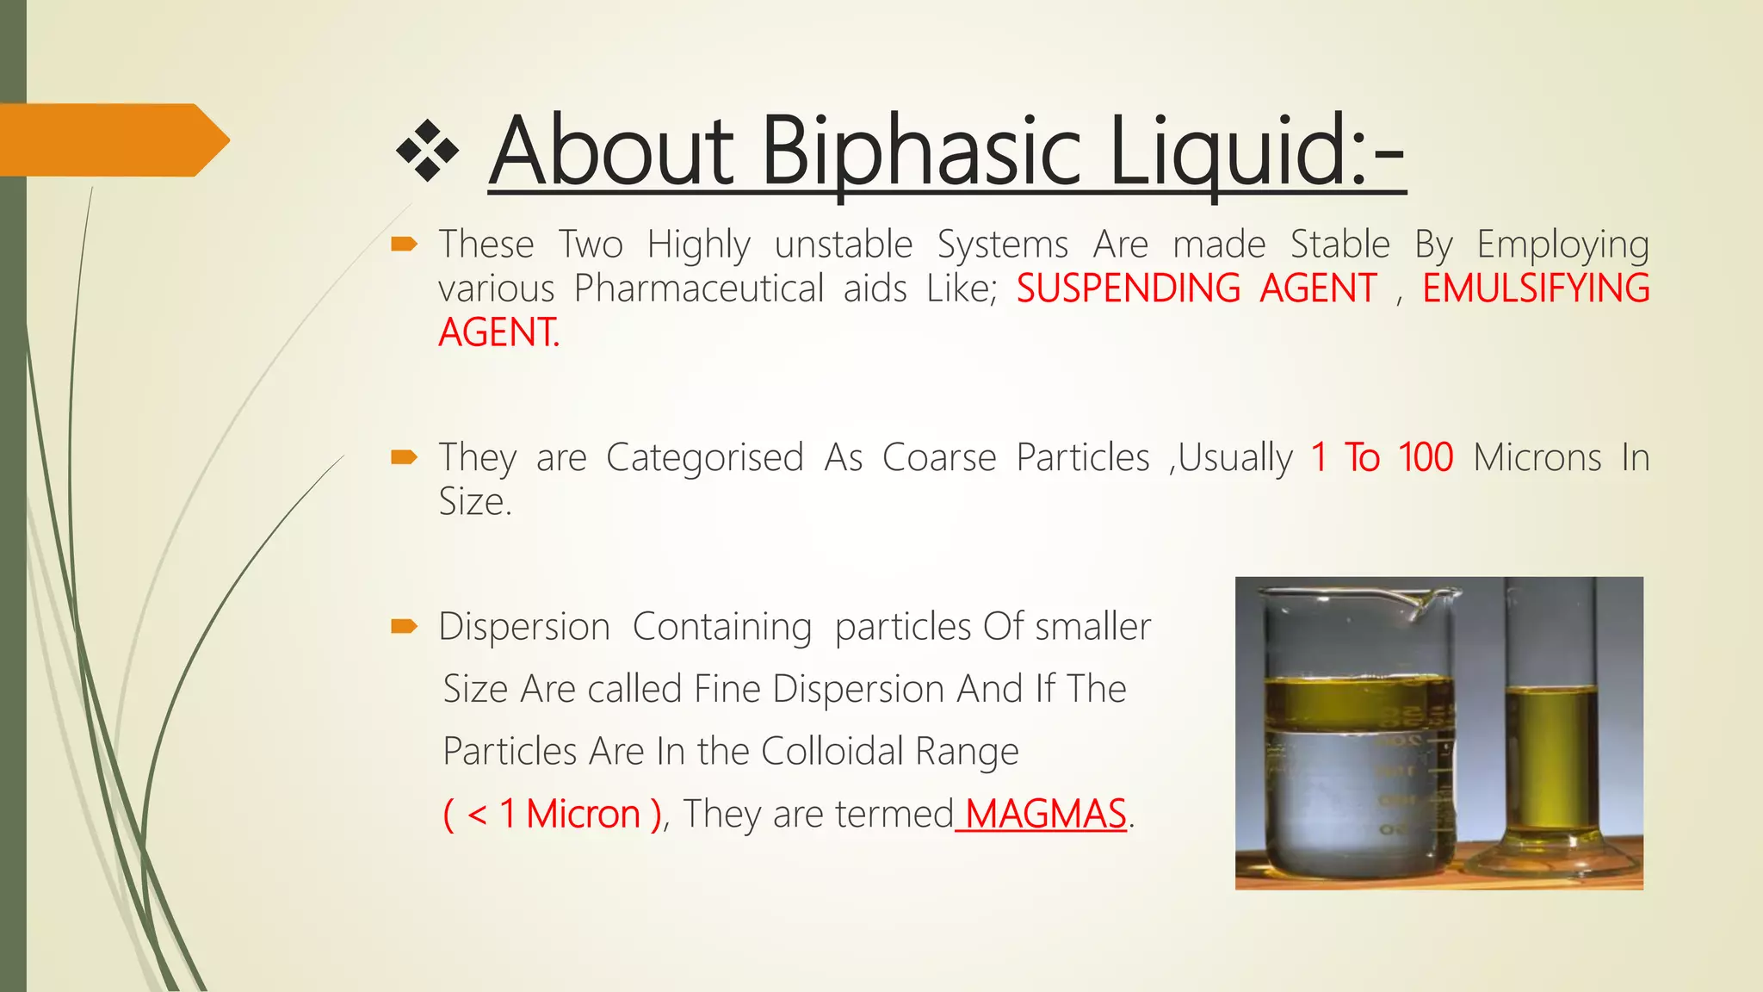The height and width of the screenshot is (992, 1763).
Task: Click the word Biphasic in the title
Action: click(x=921, y=153)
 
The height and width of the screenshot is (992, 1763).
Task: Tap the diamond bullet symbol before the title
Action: click(x=428, y=152)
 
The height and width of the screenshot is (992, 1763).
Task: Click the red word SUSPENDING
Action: click(x=1128, y=288)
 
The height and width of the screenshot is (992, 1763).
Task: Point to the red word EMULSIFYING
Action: click(x=1536, y=288)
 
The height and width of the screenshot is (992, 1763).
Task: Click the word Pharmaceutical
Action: click(x=699, y=288)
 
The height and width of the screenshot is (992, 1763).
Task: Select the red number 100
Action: click(x=1426, y=457)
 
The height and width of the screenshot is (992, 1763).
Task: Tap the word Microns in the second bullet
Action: click(x=1537, y=457)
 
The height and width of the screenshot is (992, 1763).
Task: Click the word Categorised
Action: click(x=705, y=457)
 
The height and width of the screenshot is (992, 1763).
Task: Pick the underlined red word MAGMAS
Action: click(x=1045, y=814)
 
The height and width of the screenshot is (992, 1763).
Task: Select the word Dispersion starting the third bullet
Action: click(x=524, y=626)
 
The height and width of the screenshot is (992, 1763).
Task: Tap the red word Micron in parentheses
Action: click(x=583, y=814)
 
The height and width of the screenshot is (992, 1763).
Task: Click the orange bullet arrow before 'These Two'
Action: click(x=404, y=245)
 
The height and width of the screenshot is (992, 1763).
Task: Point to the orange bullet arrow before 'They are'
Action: click(x=404, y=457)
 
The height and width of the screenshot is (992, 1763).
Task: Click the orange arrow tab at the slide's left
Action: click(x=112, y=140)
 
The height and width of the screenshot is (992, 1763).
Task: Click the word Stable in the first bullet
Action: click(x=1339, y=245)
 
